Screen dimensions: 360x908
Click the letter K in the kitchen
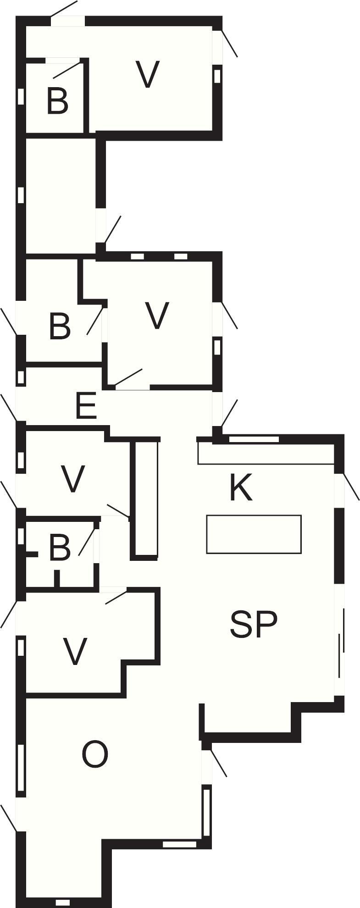(241, 488)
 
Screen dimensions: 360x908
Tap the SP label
(254, 624)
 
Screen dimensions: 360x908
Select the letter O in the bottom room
(95, 754)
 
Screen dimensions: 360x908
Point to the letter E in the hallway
(86, 405)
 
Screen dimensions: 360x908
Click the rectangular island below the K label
(254, 534)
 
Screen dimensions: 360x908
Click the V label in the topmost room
(148, 75)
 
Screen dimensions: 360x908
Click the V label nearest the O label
(74, 651)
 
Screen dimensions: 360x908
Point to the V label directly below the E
(73, 479)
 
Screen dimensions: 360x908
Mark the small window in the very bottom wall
(62, 902)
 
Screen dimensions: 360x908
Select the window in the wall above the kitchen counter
(254, 439)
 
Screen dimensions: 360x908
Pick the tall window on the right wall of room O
(207, 811)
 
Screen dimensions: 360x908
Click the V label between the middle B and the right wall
(157, 316)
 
